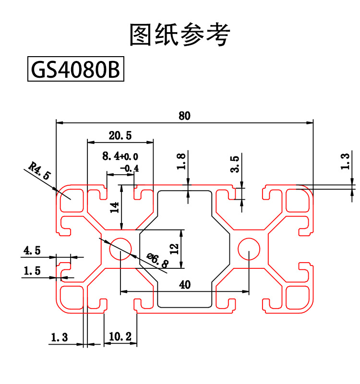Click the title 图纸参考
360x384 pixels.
click(x=180, y=35)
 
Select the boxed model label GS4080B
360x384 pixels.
click(x=75, y=70)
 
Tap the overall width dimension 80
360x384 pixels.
click(x=185, y=116)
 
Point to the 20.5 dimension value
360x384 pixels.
click(x=120, y=136)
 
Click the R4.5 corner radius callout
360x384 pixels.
click(x=39, y=171)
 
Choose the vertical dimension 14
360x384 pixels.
click(x=114, y=207)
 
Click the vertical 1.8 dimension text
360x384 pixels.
click(x=181, y=162)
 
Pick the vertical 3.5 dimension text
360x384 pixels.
click(x=235, y=164)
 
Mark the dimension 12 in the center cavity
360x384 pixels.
click(x=174, y=249)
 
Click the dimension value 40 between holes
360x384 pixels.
click(x=185, y=284)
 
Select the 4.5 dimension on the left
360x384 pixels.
click(x=32, y=250)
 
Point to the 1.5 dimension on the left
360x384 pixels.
click(x=32, y=271)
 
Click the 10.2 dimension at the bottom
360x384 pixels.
click(x=120, y=337)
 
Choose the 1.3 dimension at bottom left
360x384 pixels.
click(x=59, y=338)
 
